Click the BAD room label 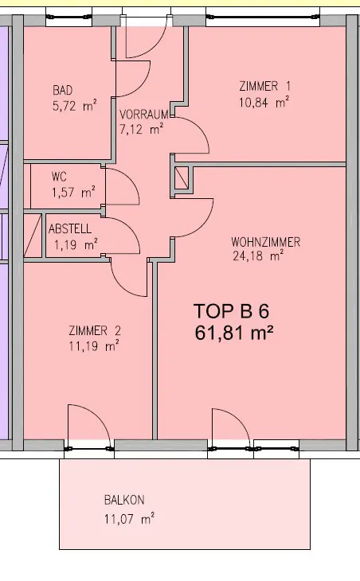point(63,90)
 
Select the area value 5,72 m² point(75,106)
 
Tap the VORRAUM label point(144,114)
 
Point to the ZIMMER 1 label point(264,86)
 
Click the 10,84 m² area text point(264,102)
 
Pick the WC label point(59,177)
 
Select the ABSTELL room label point(70,228)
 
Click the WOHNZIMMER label point(265,242)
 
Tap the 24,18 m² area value point(258,255)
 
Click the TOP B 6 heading point(231,311)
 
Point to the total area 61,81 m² point(234,333)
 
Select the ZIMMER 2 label point(95,330)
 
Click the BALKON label point(124,501)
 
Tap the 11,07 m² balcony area point(129,518)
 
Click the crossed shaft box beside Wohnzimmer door point(182,177)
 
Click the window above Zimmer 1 point(263,18)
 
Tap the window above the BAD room point(68,17)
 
